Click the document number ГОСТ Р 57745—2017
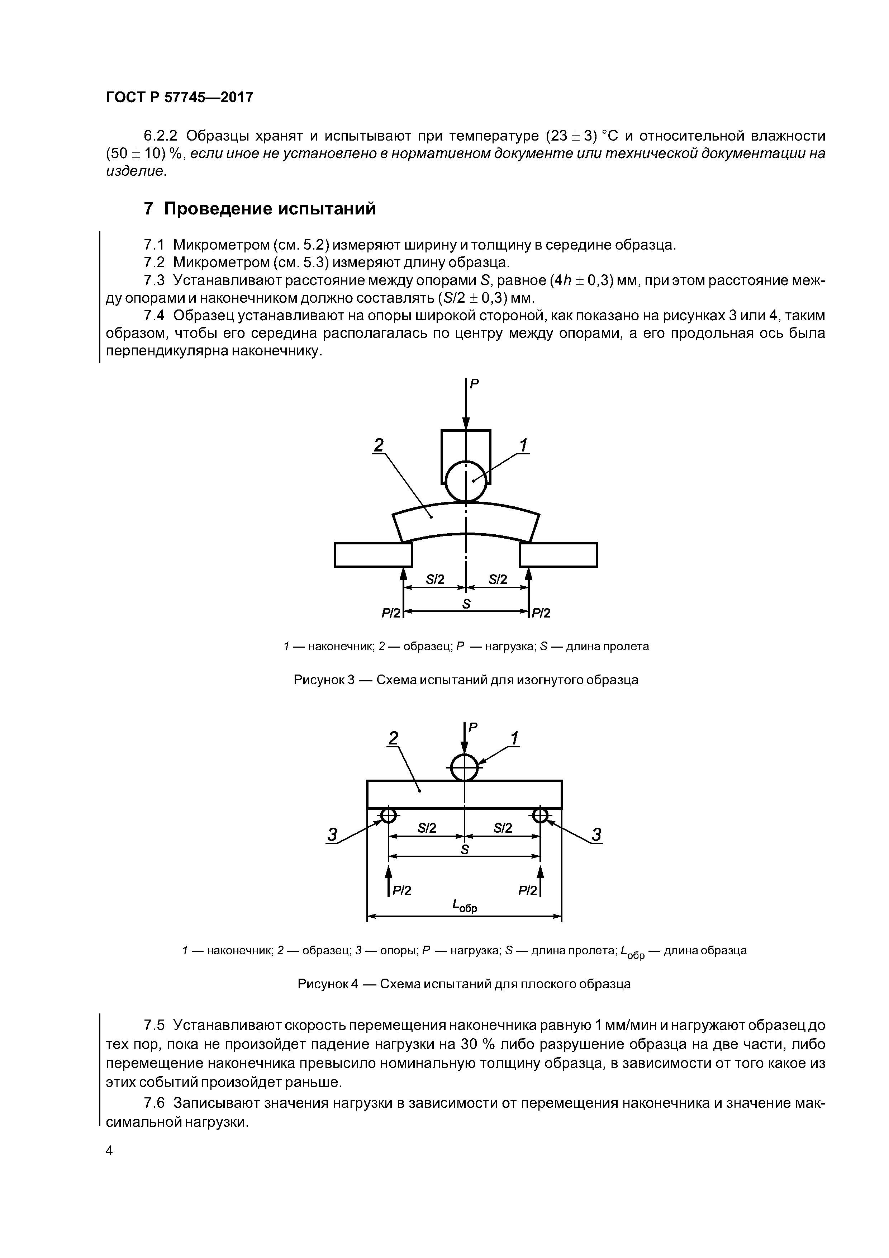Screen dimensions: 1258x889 point(179,98)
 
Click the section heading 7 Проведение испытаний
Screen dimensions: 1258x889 point(259,209)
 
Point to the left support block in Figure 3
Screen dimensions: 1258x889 point(373,554)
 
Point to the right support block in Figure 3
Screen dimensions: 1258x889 point(558,554)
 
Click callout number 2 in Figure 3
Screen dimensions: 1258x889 point(378,445)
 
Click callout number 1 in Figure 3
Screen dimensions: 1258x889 point(523,445)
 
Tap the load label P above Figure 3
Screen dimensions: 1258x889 point(474,384)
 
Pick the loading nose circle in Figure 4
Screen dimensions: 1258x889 point(465,767)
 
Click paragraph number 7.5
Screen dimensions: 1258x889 point(154,1025)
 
